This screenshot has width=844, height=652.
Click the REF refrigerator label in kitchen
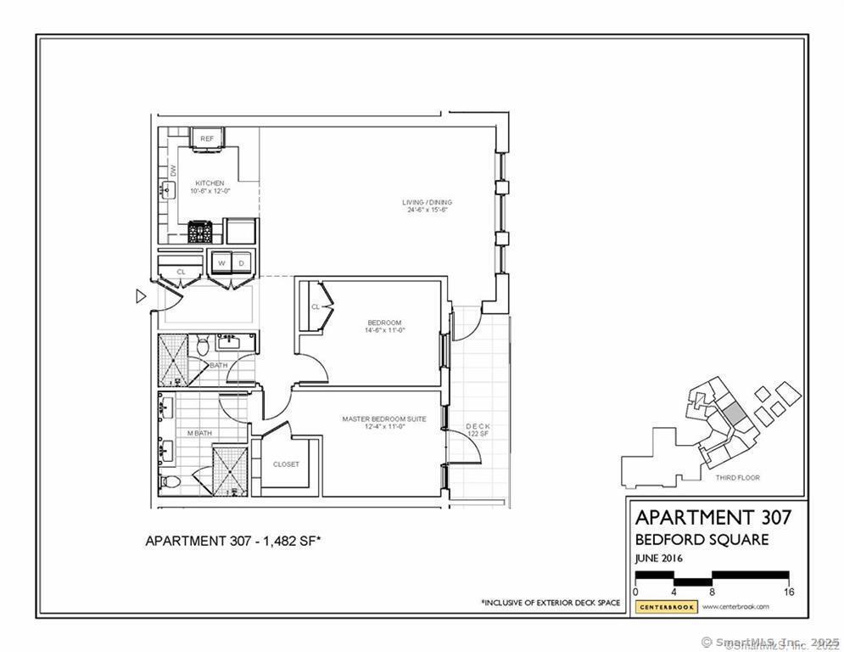(x=207, y=138)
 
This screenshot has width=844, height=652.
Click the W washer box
(x=220, y=262)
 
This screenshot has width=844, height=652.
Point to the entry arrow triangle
(x=141, y=296)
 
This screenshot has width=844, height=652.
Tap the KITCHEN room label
(x=210, y=183)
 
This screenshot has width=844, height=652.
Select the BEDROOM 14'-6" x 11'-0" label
(x=383, y=323)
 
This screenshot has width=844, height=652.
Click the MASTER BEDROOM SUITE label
(x=383, y=419)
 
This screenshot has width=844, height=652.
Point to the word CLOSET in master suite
(x=286, y=464)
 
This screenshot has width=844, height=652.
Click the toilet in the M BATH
(x=170, y=482)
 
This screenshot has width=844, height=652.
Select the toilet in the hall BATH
(x=202, y=346)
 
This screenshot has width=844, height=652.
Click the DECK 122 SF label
(x=478, y=430)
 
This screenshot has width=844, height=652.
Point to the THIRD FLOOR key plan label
(x=736, y=478)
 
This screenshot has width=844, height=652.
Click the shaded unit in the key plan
(x=731, y=416)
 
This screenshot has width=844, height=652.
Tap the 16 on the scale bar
(x=789, y=592)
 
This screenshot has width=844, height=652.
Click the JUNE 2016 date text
(x=658, y=559)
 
